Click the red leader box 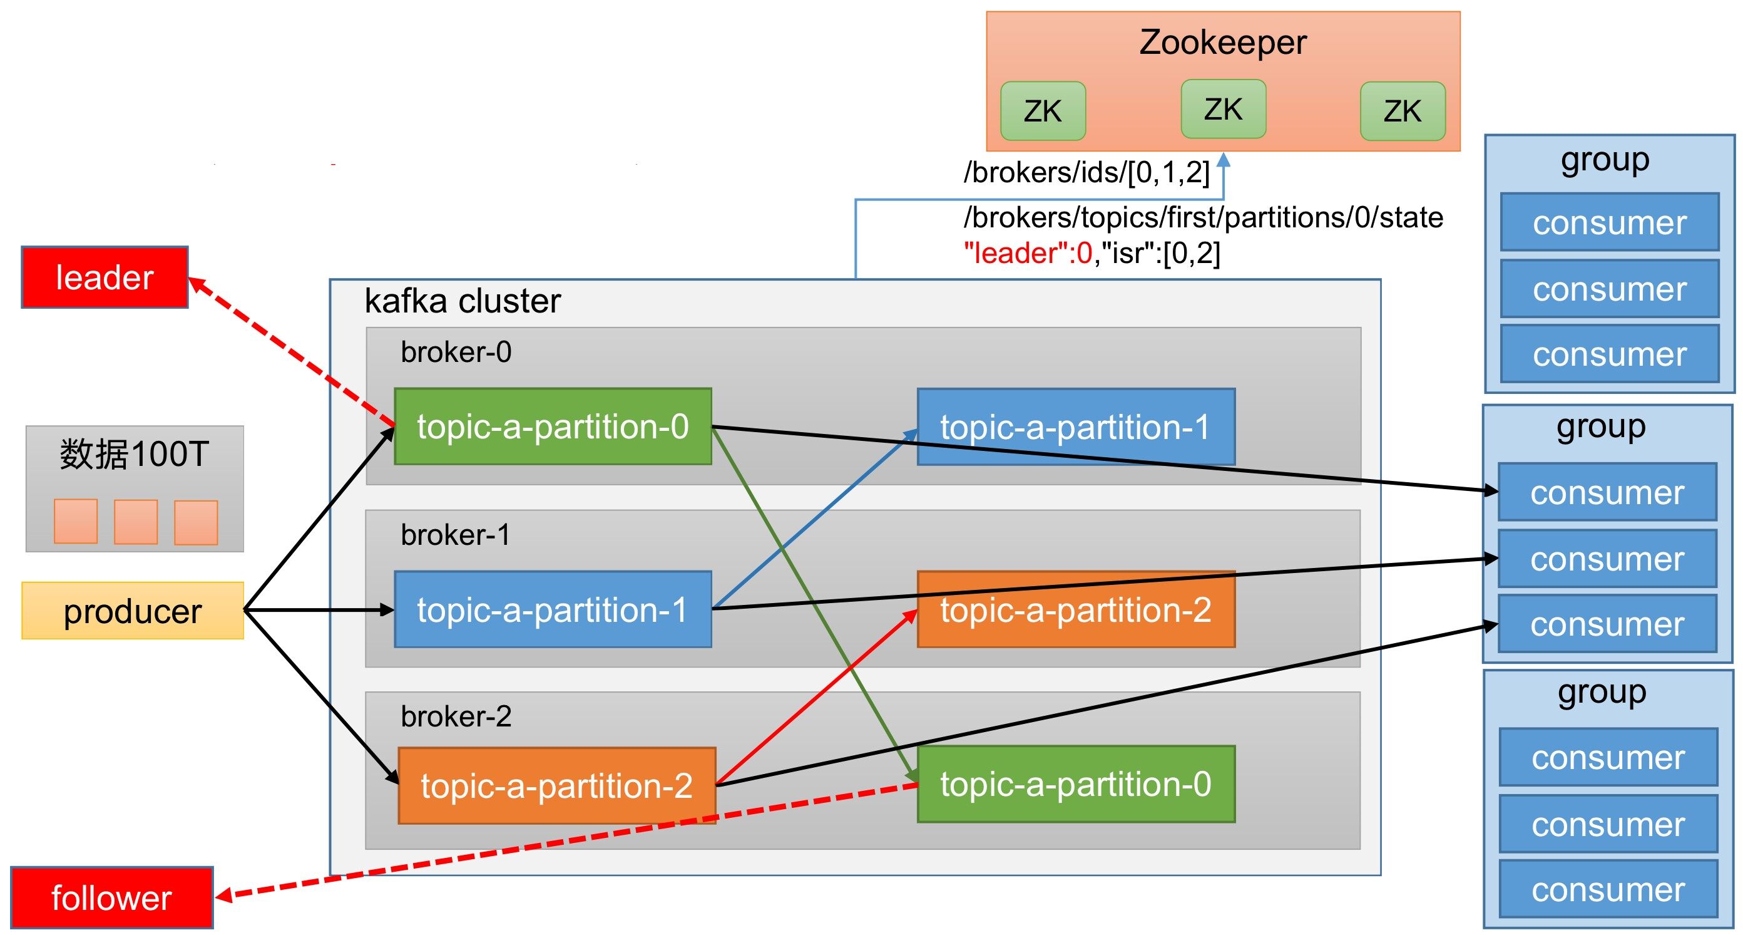tap(105, 277)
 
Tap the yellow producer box tap(133, 611)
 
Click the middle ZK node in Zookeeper tap(1223, 109)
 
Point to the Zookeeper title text tap(1223, 43)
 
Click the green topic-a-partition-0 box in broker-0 tap(552, 426)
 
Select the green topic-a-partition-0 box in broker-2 tap(1076, 784)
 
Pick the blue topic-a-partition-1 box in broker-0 tap(1076, 426)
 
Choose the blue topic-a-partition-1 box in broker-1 tap(552, 609)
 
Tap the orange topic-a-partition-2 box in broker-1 tap(1076, 609)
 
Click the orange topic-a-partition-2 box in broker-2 tap(556, 785)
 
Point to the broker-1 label tap(456, 535)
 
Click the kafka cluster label tap(463, 301)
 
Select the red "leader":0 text tap(1028, 253)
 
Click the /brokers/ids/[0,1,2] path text tap(1086, 173)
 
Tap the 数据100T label tap(134, 453)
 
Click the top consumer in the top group tap(1609, 223)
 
